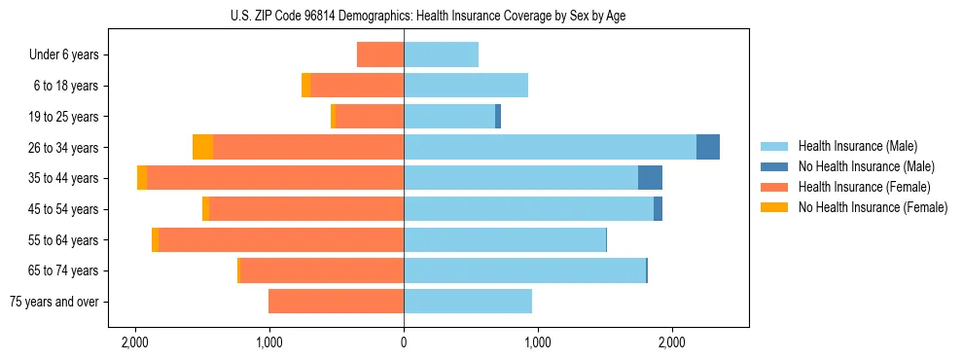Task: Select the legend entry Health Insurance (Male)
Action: (x=857, y=146)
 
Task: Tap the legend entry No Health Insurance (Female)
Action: (x=873, y=207)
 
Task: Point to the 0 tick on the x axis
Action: (x=404, y=342)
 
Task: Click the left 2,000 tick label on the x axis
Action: (x=134, y=342)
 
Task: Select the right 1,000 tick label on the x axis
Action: (x=538, y=342)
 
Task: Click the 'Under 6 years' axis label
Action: (x=64, y=55)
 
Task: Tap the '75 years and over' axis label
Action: (x=54, y=302)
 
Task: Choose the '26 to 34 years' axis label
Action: (x=64, y=148)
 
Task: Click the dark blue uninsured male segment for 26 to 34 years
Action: (x=708, y=147)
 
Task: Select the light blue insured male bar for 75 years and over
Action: (x=468, y=302)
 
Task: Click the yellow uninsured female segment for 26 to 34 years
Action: (x=202, y=147)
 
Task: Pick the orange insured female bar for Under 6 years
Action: (x=380, y=54)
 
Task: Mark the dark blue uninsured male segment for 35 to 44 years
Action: (x=650, y=178)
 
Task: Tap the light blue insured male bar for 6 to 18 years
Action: (x=466, y=86)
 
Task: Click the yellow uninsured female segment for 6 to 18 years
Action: (x=305, y=86)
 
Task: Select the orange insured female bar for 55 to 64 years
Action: (x=281, y=239)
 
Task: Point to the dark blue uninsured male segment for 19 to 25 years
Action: (x=498, y=117)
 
